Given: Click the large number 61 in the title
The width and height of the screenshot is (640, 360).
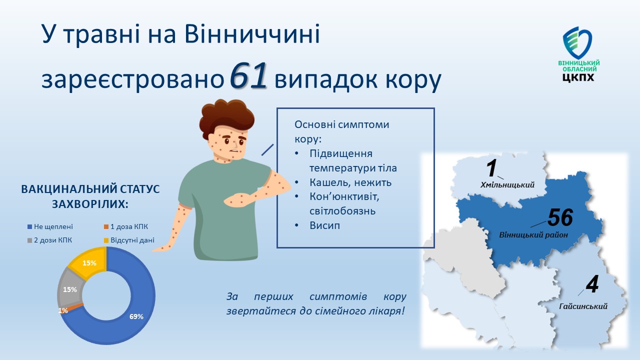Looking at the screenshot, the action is [x=248, y=75].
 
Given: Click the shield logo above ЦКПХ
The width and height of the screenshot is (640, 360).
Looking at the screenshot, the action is [x=577, y=42].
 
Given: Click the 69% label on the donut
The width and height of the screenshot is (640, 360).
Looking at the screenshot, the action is [x=136, y=316].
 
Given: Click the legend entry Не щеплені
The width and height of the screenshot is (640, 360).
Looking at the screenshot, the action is [x=50, y=226].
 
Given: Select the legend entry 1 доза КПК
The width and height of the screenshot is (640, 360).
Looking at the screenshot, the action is [x=126, y=226].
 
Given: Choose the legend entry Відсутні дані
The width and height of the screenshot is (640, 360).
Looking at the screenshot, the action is [x=129, y=240].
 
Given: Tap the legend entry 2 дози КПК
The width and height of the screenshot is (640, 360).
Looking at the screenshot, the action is [x=49, y=240].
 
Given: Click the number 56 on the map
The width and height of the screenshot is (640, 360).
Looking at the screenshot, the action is [x=560, y=217].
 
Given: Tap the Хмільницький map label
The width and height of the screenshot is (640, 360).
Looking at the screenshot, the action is [x=507, y=185].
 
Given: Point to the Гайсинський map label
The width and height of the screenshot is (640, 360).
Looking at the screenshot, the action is [x=583, y=306].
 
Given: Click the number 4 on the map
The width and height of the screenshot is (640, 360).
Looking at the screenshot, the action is [x=592, y=284].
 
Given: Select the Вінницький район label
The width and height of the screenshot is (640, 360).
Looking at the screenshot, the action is [x=533, y=235].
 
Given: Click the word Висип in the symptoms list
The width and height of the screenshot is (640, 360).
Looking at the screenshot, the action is [x=325, y=225].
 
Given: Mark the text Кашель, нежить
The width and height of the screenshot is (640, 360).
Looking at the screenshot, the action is [x=350, y=182].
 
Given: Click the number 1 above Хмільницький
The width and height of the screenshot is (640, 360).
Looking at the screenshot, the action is [x=491, y=168].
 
